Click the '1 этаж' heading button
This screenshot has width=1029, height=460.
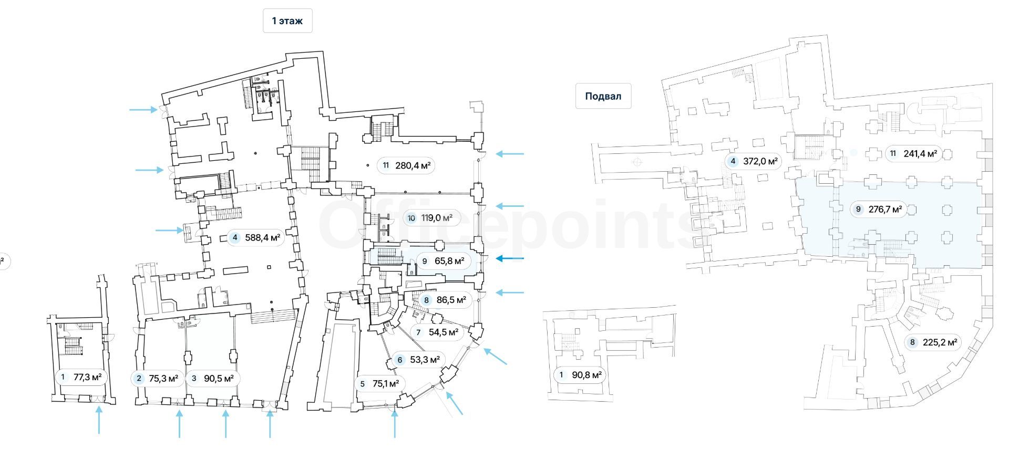pos(287,21)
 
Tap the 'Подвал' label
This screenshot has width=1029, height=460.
pos(603,96)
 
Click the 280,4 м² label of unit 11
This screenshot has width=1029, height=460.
pos(406,165)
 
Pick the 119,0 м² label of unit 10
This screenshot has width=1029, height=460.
pos(431,217)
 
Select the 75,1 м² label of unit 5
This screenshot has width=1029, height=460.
pos(379,384)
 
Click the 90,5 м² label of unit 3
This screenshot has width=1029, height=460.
pos(213,378)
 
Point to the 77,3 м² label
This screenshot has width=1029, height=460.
pos(81,377)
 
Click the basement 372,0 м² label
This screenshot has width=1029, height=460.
pos(754,161)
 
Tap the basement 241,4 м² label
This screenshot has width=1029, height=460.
pos(914,154)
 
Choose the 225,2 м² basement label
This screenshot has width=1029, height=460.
pos(933,342)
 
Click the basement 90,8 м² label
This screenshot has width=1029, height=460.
pos(581,375)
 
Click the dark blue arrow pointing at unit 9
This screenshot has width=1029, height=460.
pos(510,258)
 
